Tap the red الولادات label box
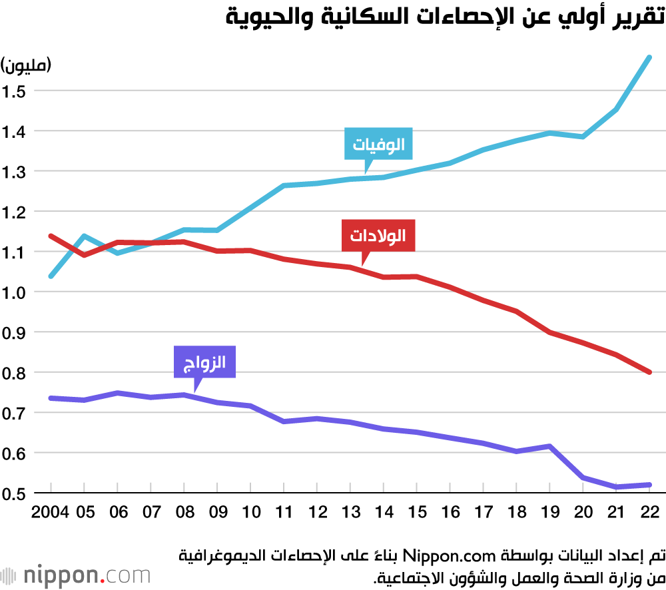378,235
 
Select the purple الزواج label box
205,363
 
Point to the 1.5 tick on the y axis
13,91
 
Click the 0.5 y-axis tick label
13,493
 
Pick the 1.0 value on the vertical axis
13,292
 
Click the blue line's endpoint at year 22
649,57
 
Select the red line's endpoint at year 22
649,372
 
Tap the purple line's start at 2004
51,398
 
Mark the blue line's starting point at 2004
51,276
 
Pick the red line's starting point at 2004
51,236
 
